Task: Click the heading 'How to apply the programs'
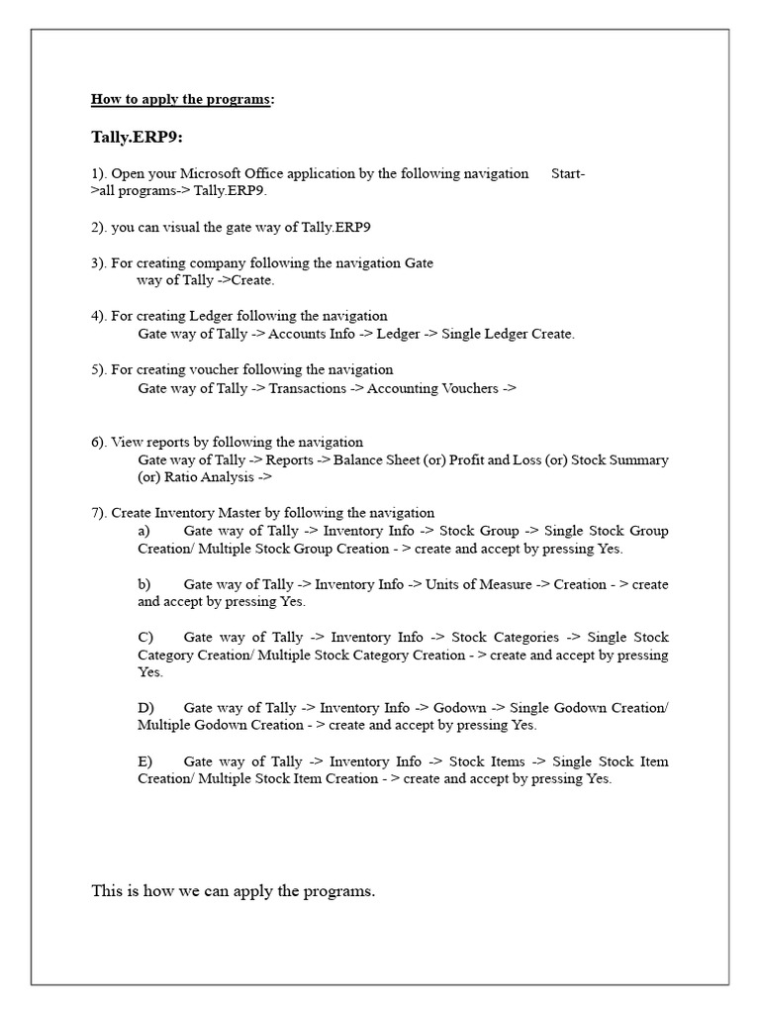[x=180, y=99]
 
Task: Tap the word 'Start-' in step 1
[x=567, y=173]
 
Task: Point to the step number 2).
[x=99, y=227]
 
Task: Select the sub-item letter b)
[x=144, y=584]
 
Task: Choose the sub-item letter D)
[x=145, y=708]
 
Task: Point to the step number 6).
[x=99, y=442]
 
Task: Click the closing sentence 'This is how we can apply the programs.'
[x=234, y=891]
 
